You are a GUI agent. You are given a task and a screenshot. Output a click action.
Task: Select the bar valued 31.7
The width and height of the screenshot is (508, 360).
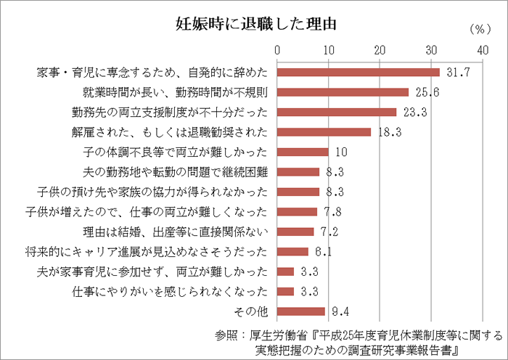[x=359, y=73]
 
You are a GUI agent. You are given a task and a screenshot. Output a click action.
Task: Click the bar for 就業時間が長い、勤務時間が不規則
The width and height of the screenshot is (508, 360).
[x=343, y=92]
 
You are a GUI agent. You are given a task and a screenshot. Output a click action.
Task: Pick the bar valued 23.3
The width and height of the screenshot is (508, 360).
[x=337, y=112]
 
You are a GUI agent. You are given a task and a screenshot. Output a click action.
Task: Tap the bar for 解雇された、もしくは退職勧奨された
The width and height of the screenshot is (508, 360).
[x=324, y=132]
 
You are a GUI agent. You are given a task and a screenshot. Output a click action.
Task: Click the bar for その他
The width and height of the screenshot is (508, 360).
[x=302, y=311]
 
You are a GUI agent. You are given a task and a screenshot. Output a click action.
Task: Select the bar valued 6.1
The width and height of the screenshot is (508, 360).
[x=293, y=252]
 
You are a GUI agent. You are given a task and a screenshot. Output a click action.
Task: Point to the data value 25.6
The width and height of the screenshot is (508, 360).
[x=425, y=92]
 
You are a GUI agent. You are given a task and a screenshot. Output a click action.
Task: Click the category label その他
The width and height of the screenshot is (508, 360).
[x=253, y=311]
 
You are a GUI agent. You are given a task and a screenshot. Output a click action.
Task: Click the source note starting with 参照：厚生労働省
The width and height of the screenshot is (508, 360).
[x=359, y=343]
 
